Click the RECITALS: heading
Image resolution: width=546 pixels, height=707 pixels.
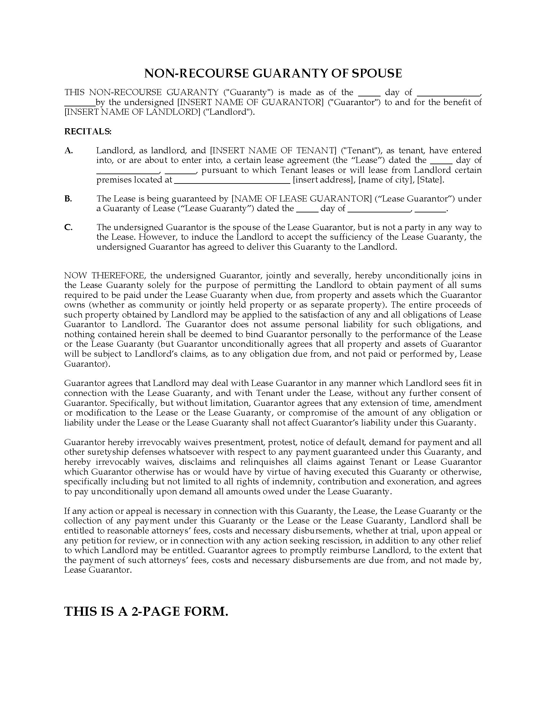pyautogui.click(x=88, y=131)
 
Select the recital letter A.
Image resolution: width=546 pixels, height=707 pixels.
pyautogui.click(x=69, y=150)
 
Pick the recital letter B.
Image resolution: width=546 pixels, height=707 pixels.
pyautogui.click(x=68, y=198)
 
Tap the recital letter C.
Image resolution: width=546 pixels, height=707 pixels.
pyautogui.click(x=68, y=227)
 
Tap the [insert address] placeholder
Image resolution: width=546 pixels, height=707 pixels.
pyautogui.click(x=322, y=180)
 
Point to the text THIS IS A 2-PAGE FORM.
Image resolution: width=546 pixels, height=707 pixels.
pyautogui.click(x=146, y=611)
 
